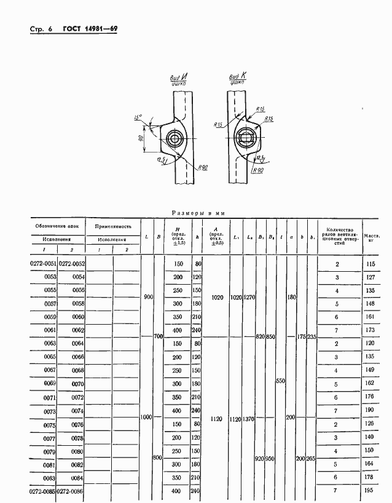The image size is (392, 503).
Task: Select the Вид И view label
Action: click(179, 79)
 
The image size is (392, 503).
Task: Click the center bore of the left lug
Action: click(175, 138)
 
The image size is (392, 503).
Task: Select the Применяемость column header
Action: click(113, 226)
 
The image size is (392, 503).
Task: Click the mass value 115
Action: click(370, 264)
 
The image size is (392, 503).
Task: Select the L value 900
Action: click(147, 297)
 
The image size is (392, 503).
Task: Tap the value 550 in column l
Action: click(280, 381)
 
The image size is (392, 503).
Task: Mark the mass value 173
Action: click(370, 330)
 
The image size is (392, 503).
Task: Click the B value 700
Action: click(159, 337)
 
